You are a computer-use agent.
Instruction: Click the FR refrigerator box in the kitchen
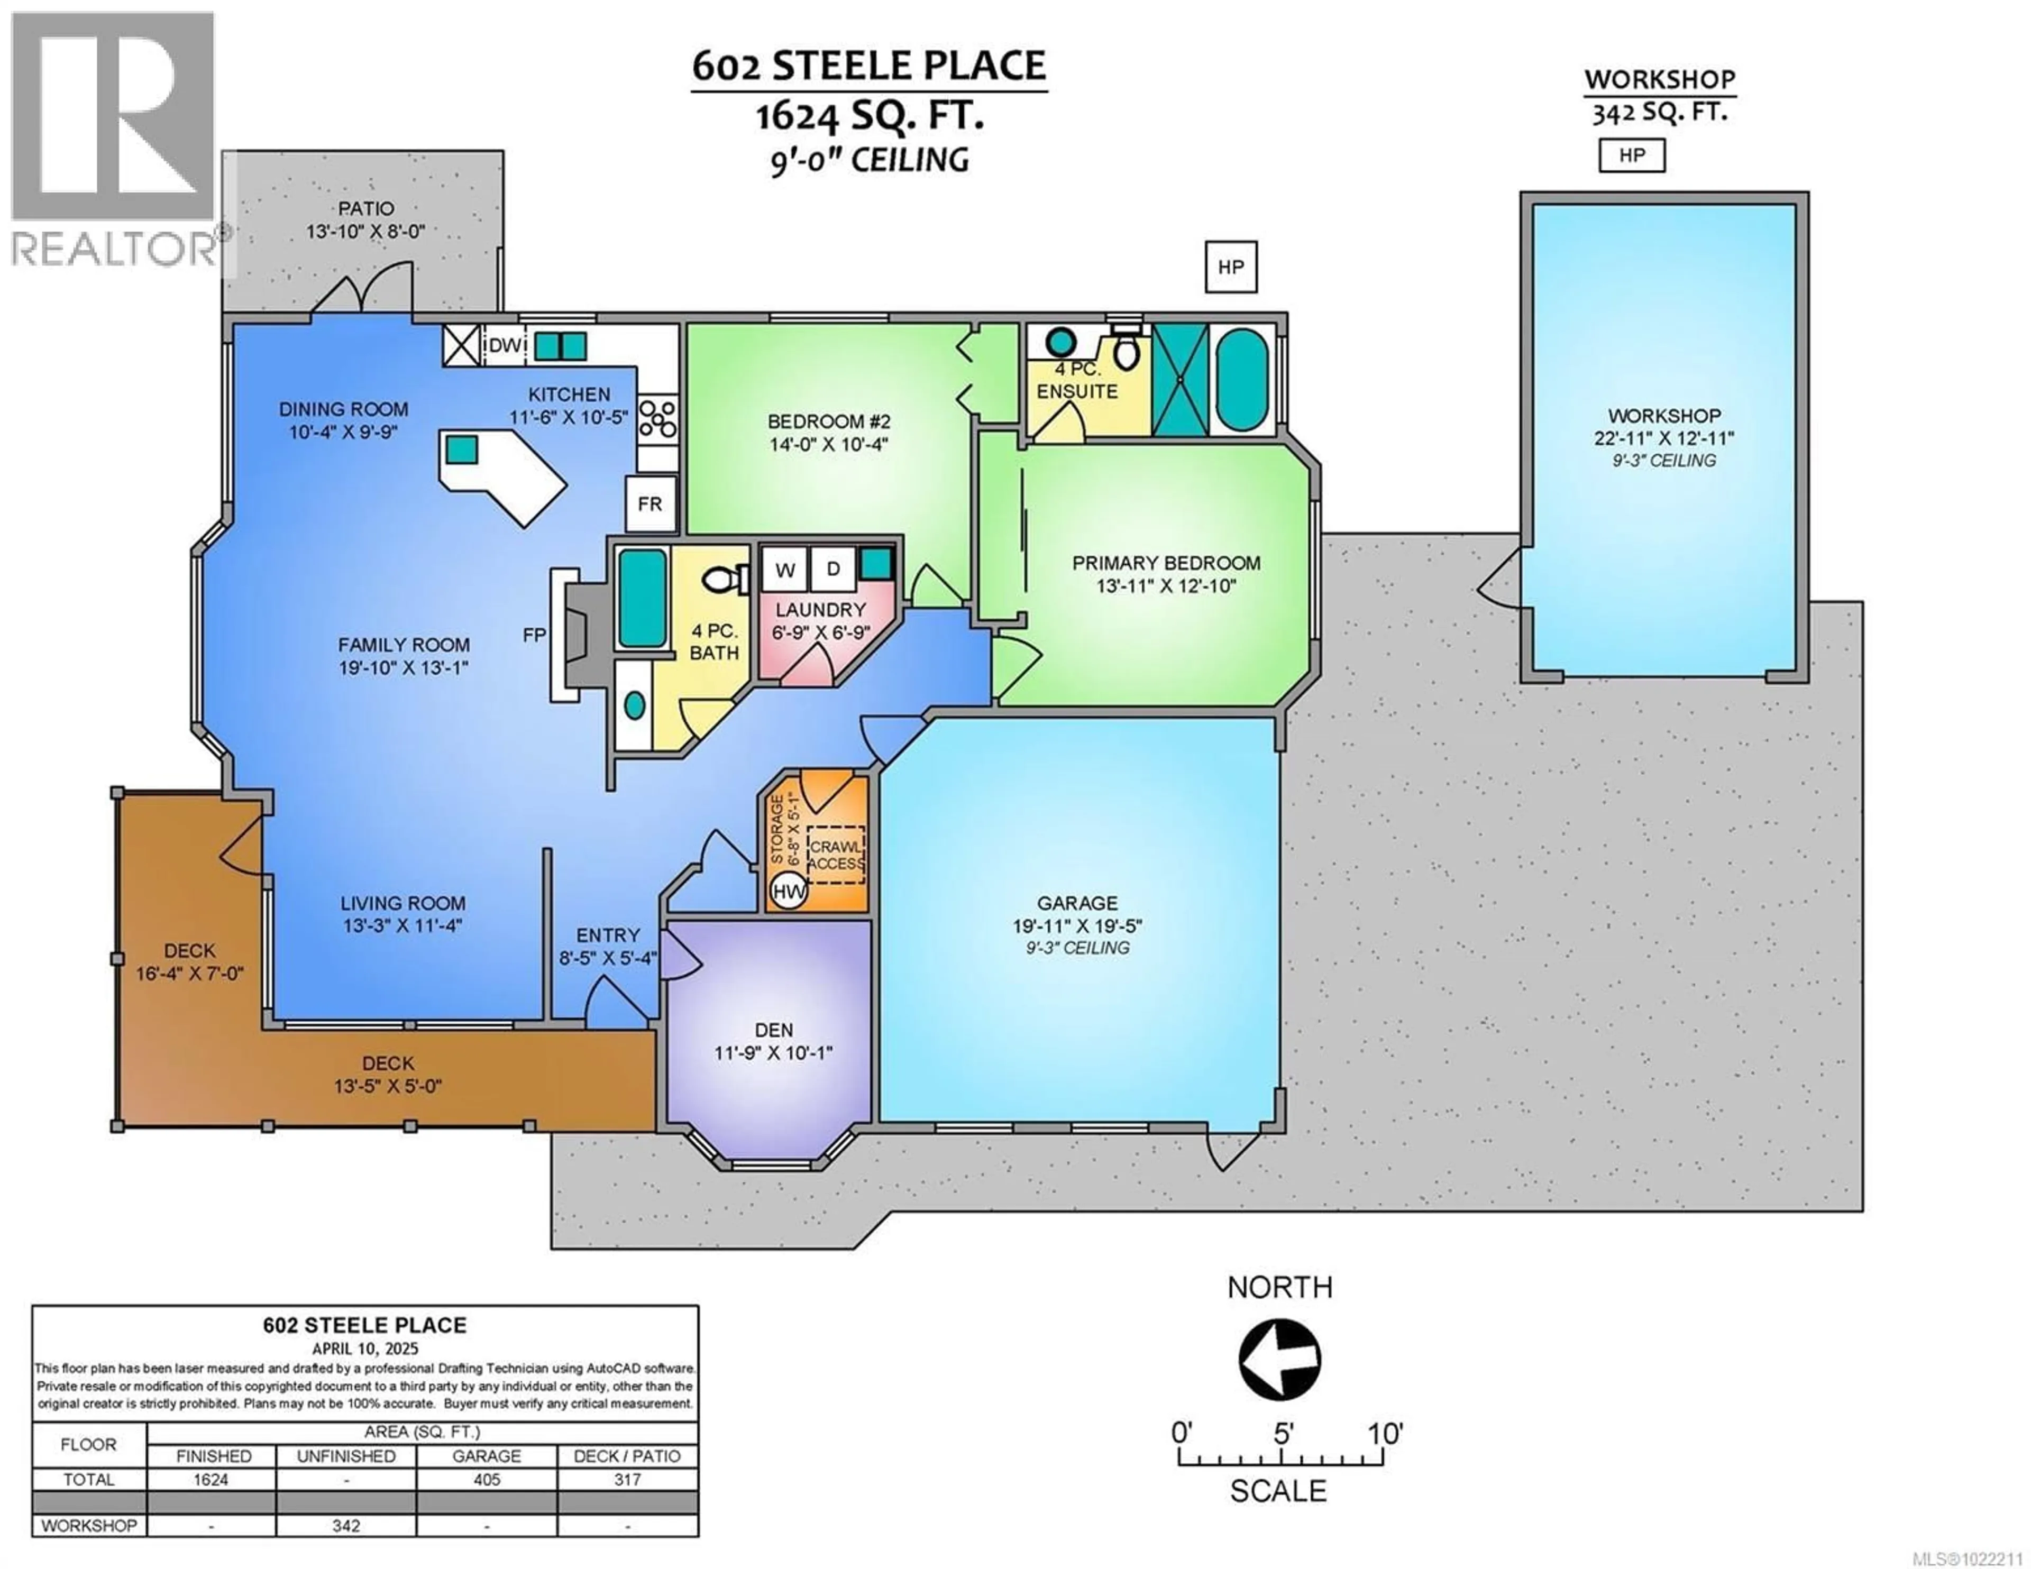[x=650, y=504]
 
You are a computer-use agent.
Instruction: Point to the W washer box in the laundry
[x=785, y=569]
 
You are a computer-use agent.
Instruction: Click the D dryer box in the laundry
[x=833, y=569]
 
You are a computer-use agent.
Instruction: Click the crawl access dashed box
[x=835, y=855]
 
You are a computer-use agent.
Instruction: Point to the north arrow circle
[x=1279, y=1360]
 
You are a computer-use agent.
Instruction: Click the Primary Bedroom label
[x=1166, y=563]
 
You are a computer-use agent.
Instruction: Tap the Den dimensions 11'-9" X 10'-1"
[x=774, y=1053]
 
